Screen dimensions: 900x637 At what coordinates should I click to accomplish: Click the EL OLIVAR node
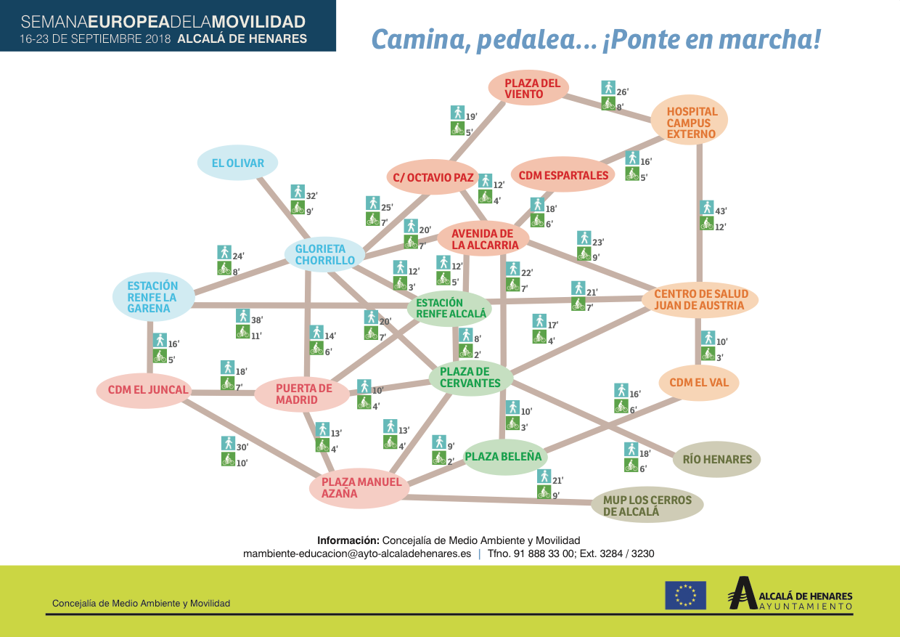237,163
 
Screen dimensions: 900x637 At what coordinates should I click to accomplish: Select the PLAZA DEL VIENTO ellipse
528,88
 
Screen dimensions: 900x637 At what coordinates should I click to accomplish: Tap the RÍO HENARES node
716,459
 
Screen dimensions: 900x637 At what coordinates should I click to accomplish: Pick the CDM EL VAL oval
699,383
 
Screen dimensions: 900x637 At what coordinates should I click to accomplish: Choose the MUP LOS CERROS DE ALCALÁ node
647,505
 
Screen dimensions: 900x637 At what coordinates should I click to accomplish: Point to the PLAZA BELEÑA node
504,457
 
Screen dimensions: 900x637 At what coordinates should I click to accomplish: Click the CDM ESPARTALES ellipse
563,175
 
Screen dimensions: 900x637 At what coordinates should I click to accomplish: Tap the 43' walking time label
721,211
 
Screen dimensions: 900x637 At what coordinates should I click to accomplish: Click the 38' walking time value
257,320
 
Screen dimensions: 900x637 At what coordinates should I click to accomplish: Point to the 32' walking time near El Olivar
311,196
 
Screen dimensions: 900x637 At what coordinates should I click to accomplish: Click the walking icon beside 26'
608,88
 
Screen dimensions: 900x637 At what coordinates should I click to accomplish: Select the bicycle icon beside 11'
242,332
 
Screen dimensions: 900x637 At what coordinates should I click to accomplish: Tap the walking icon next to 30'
228,443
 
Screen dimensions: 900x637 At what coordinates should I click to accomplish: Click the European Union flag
685,595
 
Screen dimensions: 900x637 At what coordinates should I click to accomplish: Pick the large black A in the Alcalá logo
742,593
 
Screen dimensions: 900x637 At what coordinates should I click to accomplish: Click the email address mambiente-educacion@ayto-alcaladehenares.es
357,553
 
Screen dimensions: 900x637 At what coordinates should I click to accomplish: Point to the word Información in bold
348,540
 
